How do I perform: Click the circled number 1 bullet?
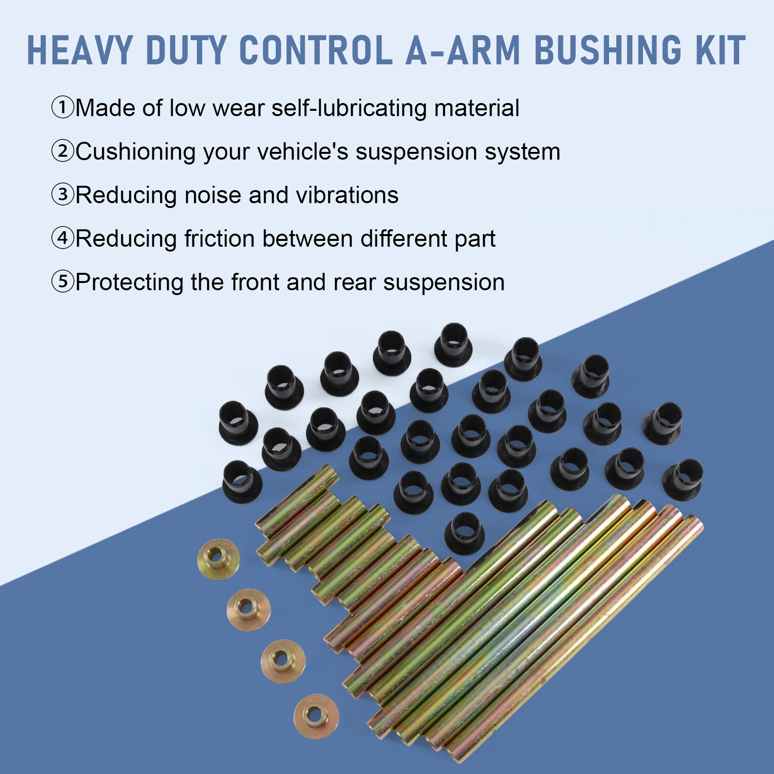coord(62,107)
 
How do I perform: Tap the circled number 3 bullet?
coord(62,195)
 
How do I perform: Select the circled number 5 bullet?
coord(62,282)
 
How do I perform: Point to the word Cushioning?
coord(136,151)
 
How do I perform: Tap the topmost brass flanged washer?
coord(218,559)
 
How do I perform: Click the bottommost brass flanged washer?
coord(316,716)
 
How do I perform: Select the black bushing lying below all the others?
coord(464,533)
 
